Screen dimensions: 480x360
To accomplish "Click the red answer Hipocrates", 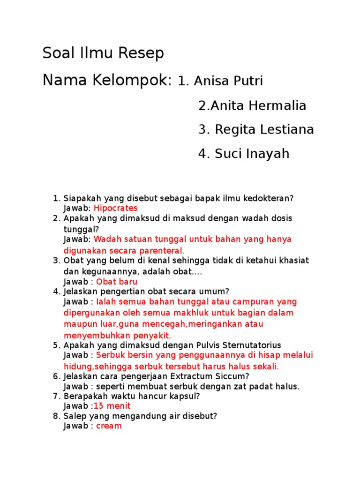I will point(116,208).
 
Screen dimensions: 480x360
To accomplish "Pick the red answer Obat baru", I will point(117,282).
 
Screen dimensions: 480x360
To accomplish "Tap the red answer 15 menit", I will point(112,406).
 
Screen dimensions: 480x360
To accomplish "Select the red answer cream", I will point(109,426).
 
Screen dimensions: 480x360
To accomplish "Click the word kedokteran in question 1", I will point(270,198).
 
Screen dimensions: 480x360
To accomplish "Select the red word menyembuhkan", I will point(91,336).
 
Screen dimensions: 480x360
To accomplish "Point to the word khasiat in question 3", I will point(292,261).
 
